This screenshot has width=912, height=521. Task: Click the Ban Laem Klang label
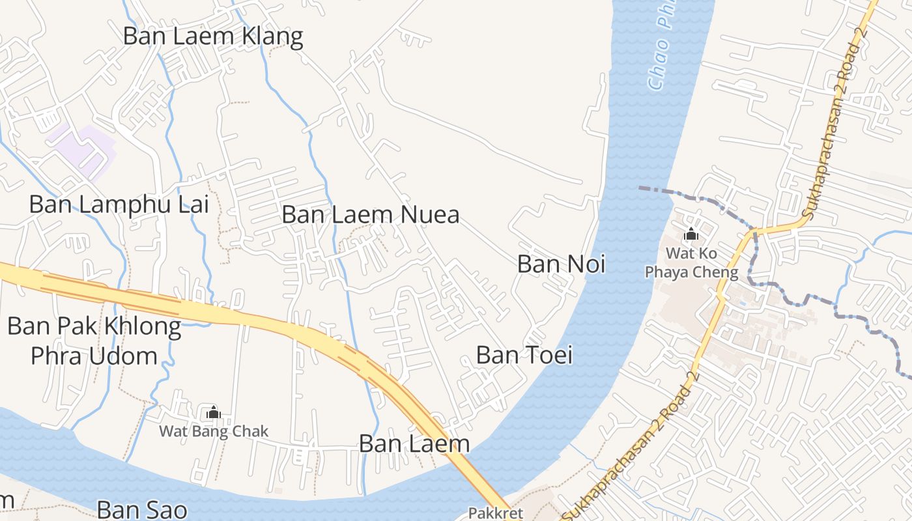[213, 36]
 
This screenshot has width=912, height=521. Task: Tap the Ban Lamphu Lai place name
[119, 204]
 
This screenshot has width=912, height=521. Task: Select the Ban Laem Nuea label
[371, 214]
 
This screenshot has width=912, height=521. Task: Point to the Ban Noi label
[561, 264]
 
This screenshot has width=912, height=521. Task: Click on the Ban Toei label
[524, 355]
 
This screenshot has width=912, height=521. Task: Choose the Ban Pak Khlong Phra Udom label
[94, 341]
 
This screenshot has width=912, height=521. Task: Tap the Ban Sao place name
[141, 509]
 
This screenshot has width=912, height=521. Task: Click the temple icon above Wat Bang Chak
[213, 412]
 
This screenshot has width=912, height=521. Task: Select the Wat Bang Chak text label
[214, 431]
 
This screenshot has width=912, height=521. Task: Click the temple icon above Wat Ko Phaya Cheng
[691, 234]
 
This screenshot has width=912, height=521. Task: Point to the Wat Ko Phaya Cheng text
[692, 262]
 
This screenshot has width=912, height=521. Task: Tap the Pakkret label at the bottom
[496, 513]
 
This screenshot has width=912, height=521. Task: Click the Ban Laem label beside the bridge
[414, 444]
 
